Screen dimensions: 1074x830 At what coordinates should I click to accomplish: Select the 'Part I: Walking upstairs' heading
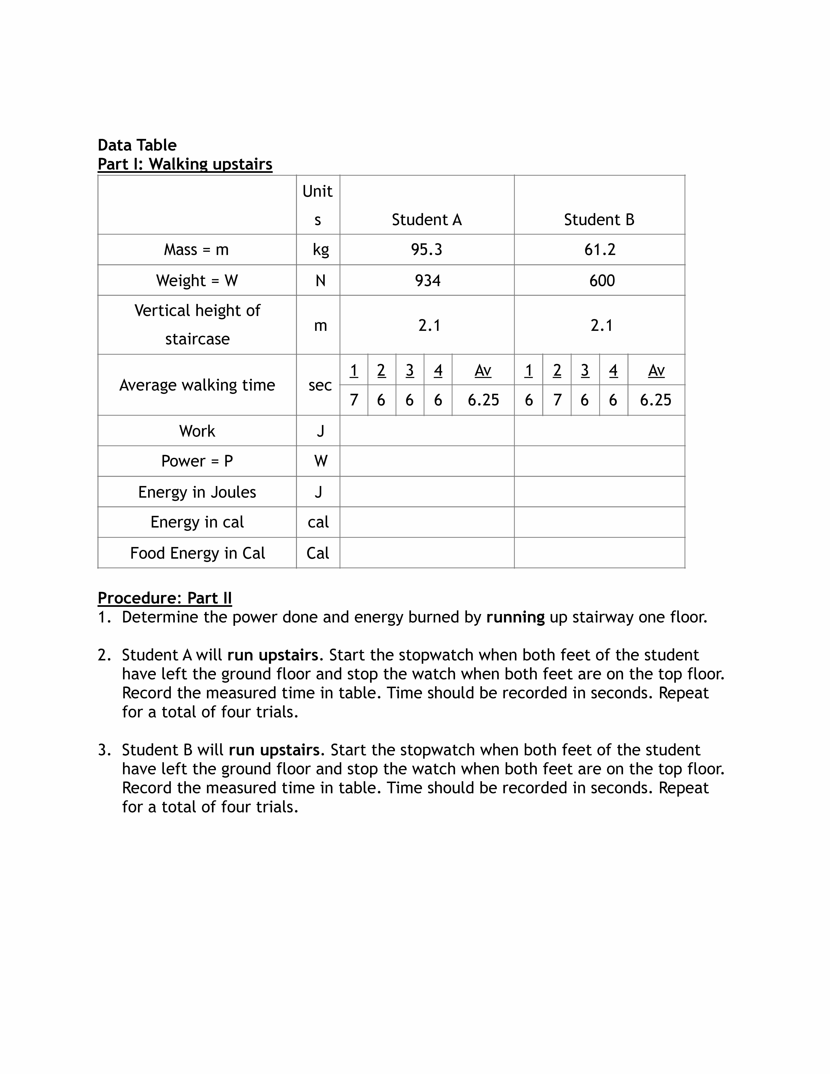(x=185, y=164)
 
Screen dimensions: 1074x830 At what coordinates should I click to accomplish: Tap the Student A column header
(x=427, y=219)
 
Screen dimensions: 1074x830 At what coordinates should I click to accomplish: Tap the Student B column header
(x=599, y=219)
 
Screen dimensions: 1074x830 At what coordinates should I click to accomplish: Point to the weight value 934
(x=427, y=280)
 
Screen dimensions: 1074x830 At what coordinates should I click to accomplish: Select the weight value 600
(x=602, y=280)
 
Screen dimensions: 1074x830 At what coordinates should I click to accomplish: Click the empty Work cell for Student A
(x=427, y=431)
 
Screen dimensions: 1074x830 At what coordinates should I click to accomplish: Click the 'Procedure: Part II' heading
(x=165, y=598)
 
